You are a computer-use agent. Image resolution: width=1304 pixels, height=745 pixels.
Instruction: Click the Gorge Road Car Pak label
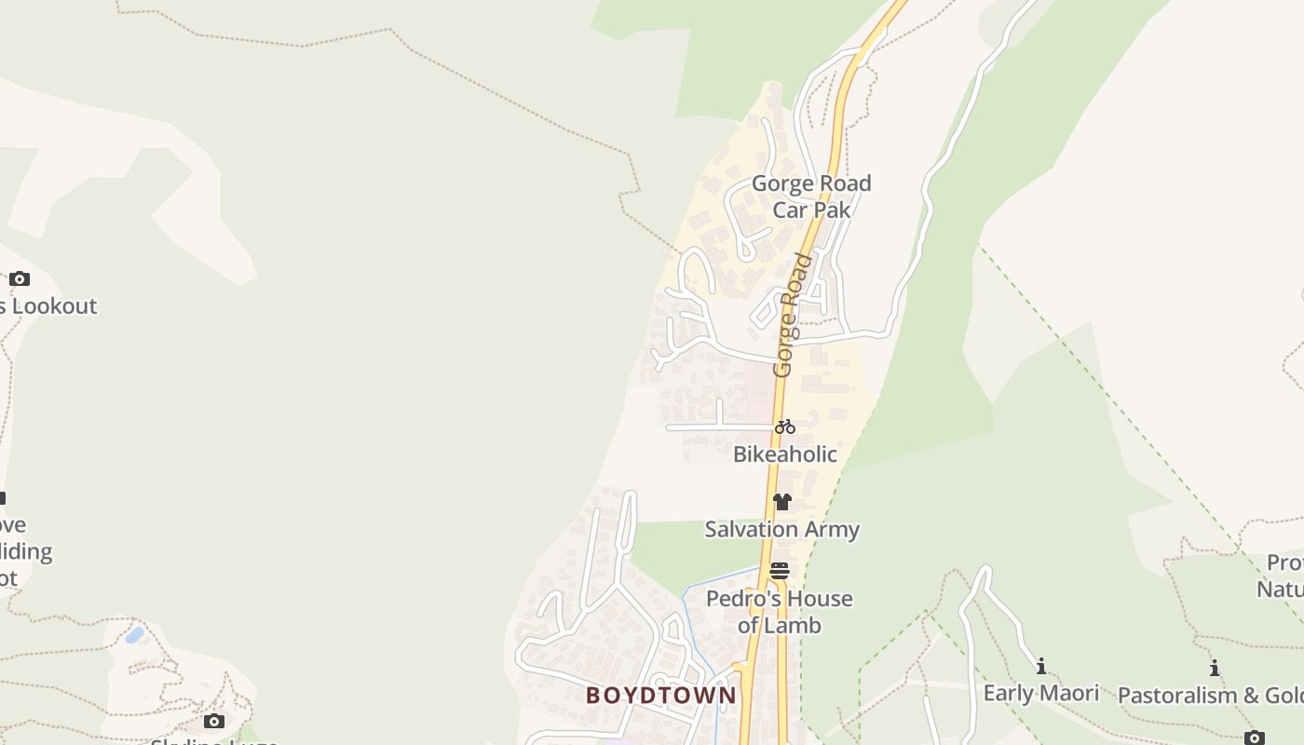click(811, 196)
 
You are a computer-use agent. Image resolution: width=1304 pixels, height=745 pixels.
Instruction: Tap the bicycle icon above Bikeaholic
click(785, 427)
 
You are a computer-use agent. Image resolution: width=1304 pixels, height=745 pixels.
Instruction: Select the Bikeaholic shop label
click(785, 454)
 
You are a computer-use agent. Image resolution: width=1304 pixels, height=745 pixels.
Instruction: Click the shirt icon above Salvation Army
click(781, 502)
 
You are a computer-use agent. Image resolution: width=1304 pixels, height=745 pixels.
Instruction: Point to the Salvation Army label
click(781, 530)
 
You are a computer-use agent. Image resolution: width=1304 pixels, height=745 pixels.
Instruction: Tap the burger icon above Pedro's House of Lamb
click(780, 570)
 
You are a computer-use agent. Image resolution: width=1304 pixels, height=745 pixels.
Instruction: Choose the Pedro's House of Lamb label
click(780, 612)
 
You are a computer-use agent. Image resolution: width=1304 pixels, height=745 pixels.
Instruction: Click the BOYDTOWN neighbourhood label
click(661, 696)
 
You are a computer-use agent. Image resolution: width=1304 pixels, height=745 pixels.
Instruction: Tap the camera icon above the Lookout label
click(20, 278)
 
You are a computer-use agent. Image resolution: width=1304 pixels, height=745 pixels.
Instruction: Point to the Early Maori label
click(1041, 694)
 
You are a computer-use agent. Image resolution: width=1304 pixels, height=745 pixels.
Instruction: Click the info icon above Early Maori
click(1041, 666)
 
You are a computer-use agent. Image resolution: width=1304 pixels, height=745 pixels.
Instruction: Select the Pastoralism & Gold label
click(1211, 696)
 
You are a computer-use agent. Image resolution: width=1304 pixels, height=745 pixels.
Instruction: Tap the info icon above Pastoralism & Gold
click(1215, 668)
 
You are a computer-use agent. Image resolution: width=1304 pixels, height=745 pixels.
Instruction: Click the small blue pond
click(135, 635)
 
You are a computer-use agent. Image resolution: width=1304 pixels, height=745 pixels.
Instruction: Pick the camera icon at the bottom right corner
click(1255, 737)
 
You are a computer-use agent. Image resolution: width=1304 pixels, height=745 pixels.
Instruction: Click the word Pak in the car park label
click(834, 210)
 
